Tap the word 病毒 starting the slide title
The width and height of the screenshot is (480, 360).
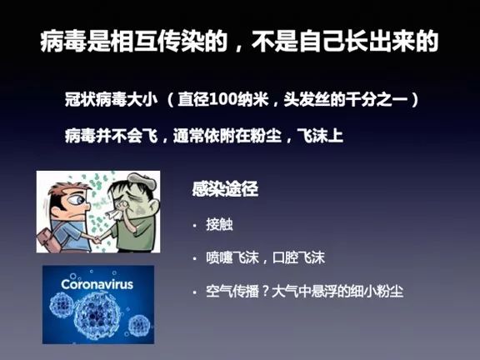point(59,42)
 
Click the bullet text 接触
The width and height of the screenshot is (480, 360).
point(217,225)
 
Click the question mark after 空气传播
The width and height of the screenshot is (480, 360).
point(267,292)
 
